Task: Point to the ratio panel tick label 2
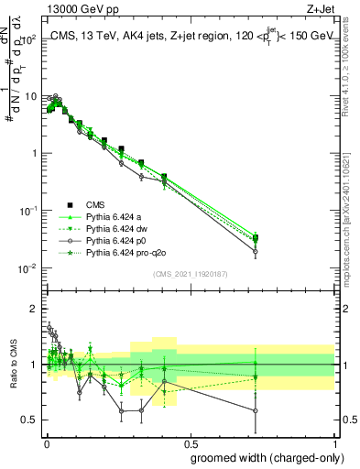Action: point(34,309)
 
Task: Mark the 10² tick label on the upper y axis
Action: point(29,38)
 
